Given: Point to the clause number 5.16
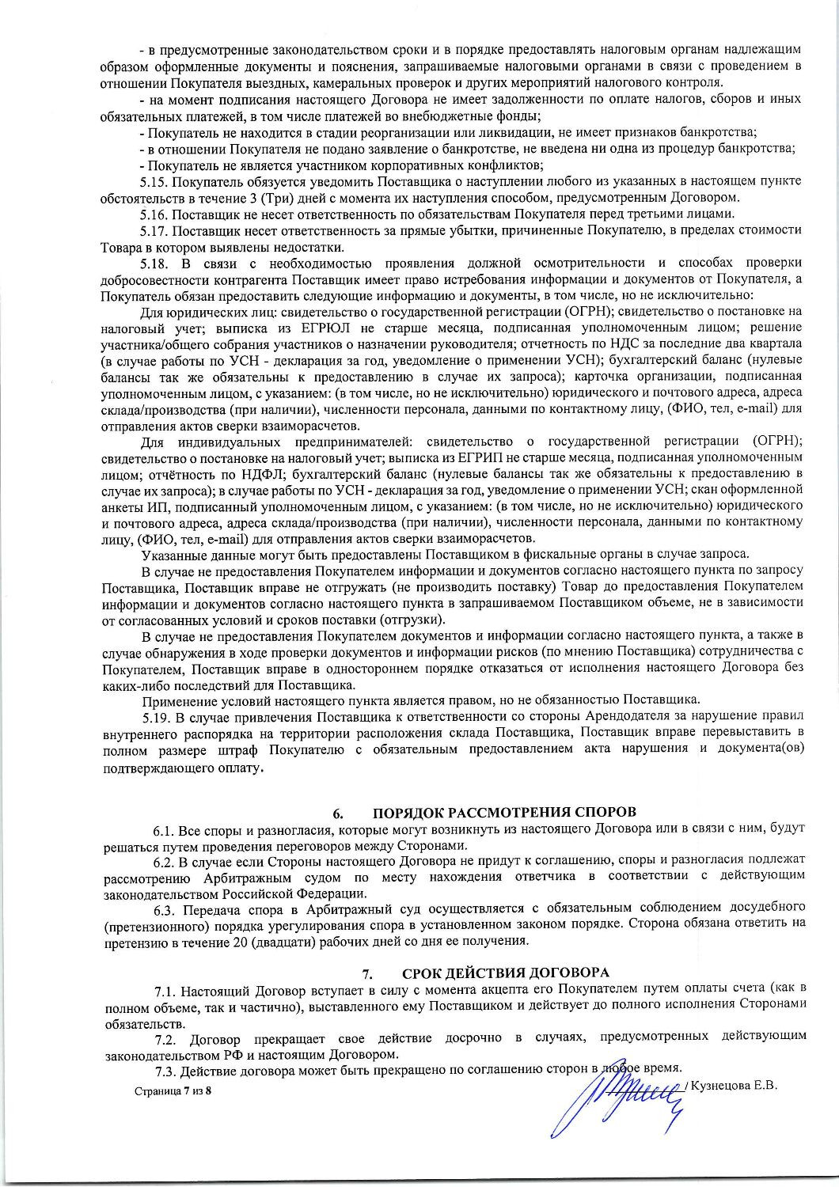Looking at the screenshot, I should [x=154, y=214].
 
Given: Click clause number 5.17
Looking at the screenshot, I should [x=154, y=230].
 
